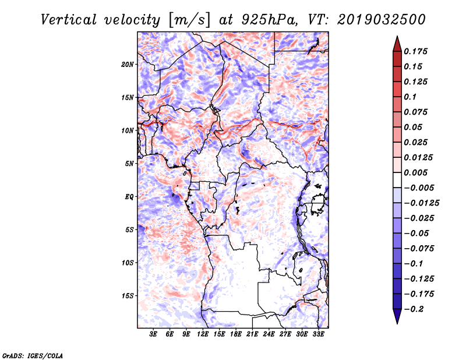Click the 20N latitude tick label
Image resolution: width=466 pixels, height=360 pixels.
coord(128,65)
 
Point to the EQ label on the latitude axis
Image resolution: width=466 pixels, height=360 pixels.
coord(129,197)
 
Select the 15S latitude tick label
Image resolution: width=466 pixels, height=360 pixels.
coord(128,296)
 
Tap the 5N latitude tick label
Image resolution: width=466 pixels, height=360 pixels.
coord(129,164)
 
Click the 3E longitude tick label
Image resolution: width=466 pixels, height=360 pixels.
coord(153,334)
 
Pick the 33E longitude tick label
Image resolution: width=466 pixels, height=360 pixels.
coord(318,334)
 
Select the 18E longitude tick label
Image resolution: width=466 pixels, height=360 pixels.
coord(236,334)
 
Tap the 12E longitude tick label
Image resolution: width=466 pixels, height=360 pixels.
coord(203,334)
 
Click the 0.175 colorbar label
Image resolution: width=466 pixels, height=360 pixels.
coord(415,51)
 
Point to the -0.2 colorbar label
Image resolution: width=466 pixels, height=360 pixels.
coord(414,309)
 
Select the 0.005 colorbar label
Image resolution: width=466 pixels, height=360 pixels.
coord(415,172)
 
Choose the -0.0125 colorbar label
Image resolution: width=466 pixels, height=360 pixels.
coord(421,203)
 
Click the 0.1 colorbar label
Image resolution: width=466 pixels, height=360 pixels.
coord(410,97)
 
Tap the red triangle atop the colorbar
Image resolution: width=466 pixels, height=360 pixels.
coord(397,44)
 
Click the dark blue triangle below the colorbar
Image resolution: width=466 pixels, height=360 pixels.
coord(397,316)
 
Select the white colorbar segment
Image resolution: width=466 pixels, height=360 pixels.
coord(397,180)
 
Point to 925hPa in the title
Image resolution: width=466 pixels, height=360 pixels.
coord(269,20)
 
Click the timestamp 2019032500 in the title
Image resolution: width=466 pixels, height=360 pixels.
coord(382,20)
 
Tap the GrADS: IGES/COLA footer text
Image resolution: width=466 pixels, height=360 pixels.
coord(33,355)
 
